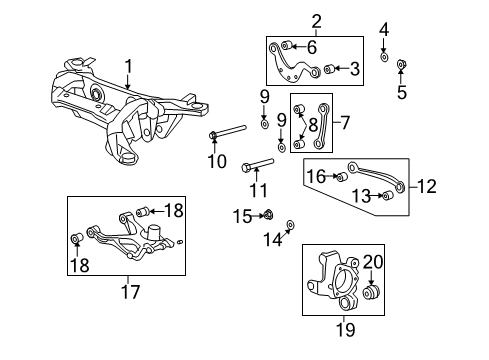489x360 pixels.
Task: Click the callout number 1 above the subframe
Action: [x=127, y=68]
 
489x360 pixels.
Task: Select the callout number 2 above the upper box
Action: [x=288, y=21]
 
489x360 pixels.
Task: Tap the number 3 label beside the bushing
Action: [x=353, y=69]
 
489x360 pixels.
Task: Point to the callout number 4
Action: [x=384, y=29]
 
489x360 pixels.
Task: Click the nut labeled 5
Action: [x=401, y=65]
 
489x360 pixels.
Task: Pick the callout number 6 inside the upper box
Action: [x=311, y=46]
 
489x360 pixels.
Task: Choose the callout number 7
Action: [x=345, y=124]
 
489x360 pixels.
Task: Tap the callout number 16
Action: [x=316, y=177]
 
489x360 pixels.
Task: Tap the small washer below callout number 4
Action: [x=385, y=58]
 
